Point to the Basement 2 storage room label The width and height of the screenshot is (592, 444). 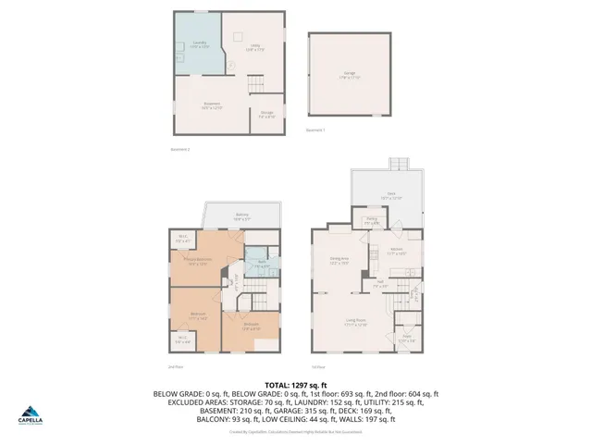tap(266, 116)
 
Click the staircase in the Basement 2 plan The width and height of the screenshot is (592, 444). tap(255, 86)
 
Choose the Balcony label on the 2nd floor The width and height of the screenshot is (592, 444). tap(242, 217)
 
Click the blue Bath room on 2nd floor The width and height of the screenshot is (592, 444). tap(264, 265)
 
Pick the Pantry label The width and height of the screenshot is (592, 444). tap(371, 222)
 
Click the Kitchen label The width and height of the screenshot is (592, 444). tap(396, 252)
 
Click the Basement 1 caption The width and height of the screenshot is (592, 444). tap(315, 129)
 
